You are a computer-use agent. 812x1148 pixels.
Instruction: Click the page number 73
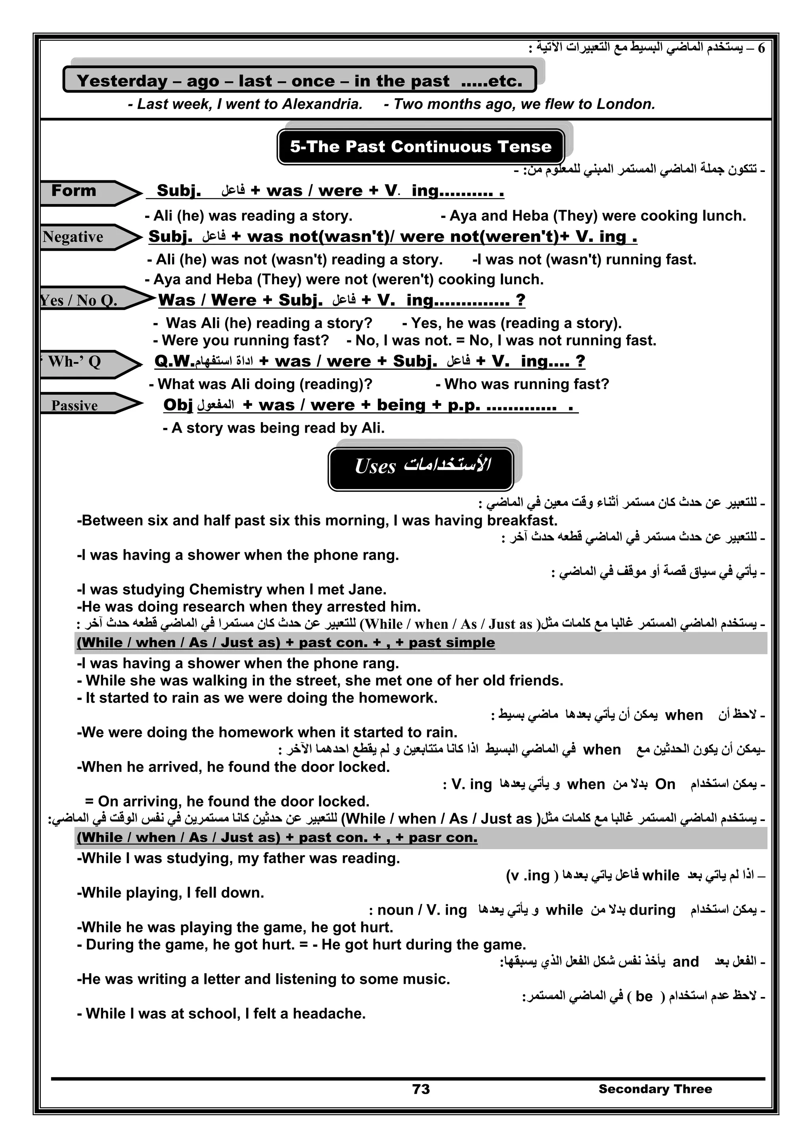point(421,1089)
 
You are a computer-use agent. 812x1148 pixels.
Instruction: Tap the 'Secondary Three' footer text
point(655,1089)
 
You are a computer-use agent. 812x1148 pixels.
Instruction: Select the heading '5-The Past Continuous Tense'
point(420,147)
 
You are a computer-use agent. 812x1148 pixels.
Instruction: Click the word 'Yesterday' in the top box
point(122,80)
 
